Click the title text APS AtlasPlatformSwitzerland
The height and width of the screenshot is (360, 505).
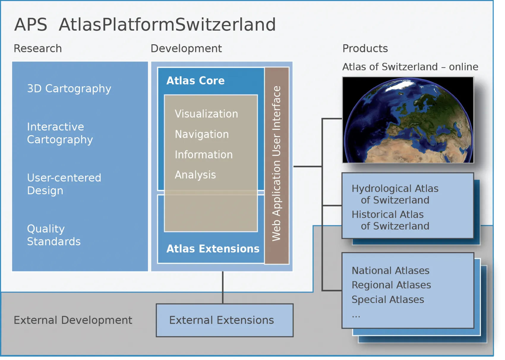click(x=145, y=24)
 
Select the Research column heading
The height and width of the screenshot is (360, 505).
click(x=38, y=48)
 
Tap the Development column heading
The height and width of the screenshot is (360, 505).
click(x=186, y=48)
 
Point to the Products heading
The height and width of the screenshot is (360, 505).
click(x=365, y=48)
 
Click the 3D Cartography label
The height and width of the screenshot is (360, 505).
click(x=69, y=89)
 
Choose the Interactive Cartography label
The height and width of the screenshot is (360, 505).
click(x=60, y=133)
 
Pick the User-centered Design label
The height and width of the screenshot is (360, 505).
click(x=64, y=184)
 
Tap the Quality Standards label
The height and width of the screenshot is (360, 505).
click(x=53, y=235)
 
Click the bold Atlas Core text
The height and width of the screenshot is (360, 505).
click(x=195, y=81)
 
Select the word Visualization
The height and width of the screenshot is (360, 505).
click(x=206, y=114)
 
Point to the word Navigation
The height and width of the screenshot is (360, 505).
click(x=202, y=134)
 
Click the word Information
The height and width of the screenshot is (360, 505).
click(x=203, y=154)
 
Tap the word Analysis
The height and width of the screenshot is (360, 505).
click(x=195, y=175)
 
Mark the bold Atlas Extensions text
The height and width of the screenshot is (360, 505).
click(x=213, y=249)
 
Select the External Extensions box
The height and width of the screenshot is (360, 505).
click(x=225, y=320)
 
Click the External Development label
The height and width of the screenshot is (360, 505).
click(x=73, y=320)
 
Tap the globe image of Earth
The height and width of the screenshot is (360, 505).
click(x=408, y=120)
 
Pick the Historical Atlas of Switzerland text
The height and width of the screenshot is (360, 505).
click(x=390, y=220)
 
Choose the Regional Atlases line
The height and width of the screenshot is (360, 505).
click(x=391, y=285)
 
